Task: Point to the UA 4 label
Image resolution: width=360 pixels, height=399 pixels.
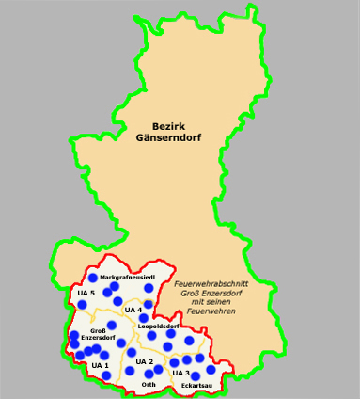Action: pos(133,310)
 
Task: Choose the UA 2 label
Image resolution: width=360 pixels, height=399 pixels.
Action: pos(144,361)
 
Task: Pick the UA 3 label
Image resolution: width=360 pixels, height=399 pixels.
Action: pos(181,374)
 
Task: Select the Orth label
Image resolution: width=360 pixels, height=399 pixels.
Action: pos(149,385)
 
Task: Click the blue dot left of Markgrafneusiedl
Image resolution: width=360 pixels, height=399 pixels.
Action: pos(92,279)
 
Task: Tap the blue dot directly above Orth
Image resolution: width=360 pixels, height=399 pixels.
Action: pos(149,374)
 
